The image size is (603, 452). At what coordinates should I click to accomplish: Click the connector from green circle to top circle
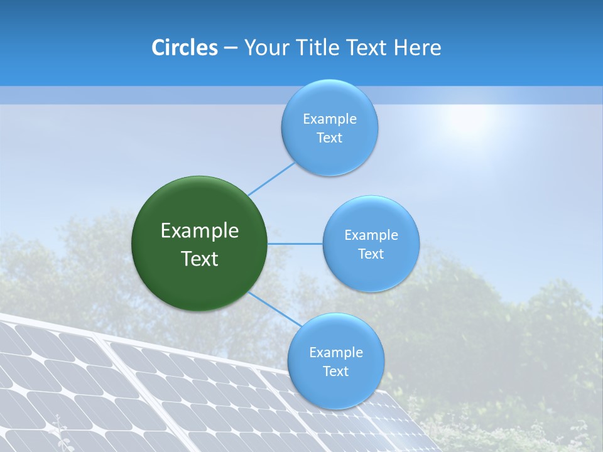click(271, 178)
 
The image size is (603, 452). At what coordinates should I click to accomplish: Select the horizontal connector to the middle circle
click(295, 244)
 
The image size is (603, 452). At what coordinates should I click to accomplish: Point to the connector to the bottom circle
click(274, 309)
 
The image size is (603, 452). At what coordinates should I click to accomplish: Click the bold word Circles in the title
click(185, 48)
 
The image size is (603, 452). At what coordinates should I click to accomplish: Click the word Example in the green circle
click(200, 231)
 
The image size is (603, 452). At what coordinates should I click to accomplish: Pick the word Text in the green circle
click(200, 259)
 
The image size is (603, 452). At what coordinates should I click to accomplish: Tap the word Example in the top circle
click(330, 119)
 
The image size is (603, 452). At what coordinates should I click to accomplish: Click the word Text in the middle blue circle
click(371, 254)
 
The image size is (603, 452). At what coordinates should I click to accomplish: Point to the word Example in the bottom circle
click(336, 353)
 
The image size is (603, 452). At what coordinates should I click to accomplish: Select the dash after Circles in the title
click(230, 48)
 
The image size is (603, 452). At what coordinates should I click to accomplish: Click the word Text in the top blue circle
click(330, 138)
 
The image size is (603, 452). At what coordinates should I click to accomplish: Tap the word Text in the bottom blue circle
click(336, 372)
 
